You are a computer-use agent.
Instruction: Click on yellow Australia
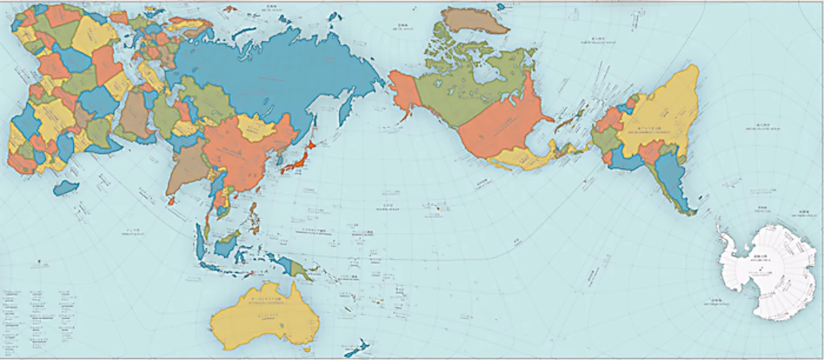pos(263,318)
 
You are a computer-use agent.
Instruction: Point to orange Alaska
pos(403,92)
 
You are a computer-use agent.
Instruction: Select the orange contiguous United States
pos(498,132)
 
